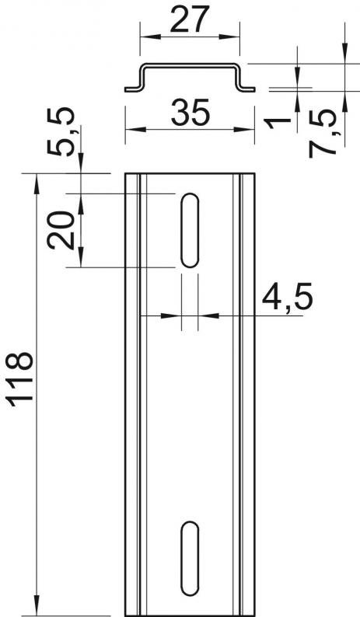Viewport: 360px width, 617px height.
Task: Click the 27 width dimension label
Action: coord(190,19)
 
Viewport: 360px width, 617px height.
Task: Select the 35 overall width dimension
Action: coord(190,112)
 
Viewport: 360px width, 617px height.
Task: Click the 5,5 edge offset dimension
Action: coord(60,132)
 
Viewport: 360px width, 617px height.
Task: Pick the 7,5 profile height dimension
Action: coord(322,134)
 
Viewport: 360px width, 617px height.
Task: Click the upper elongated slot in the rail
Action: coord(190,230)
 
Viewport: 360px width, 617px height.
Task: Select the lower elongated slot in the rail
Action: coord(190,559)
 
